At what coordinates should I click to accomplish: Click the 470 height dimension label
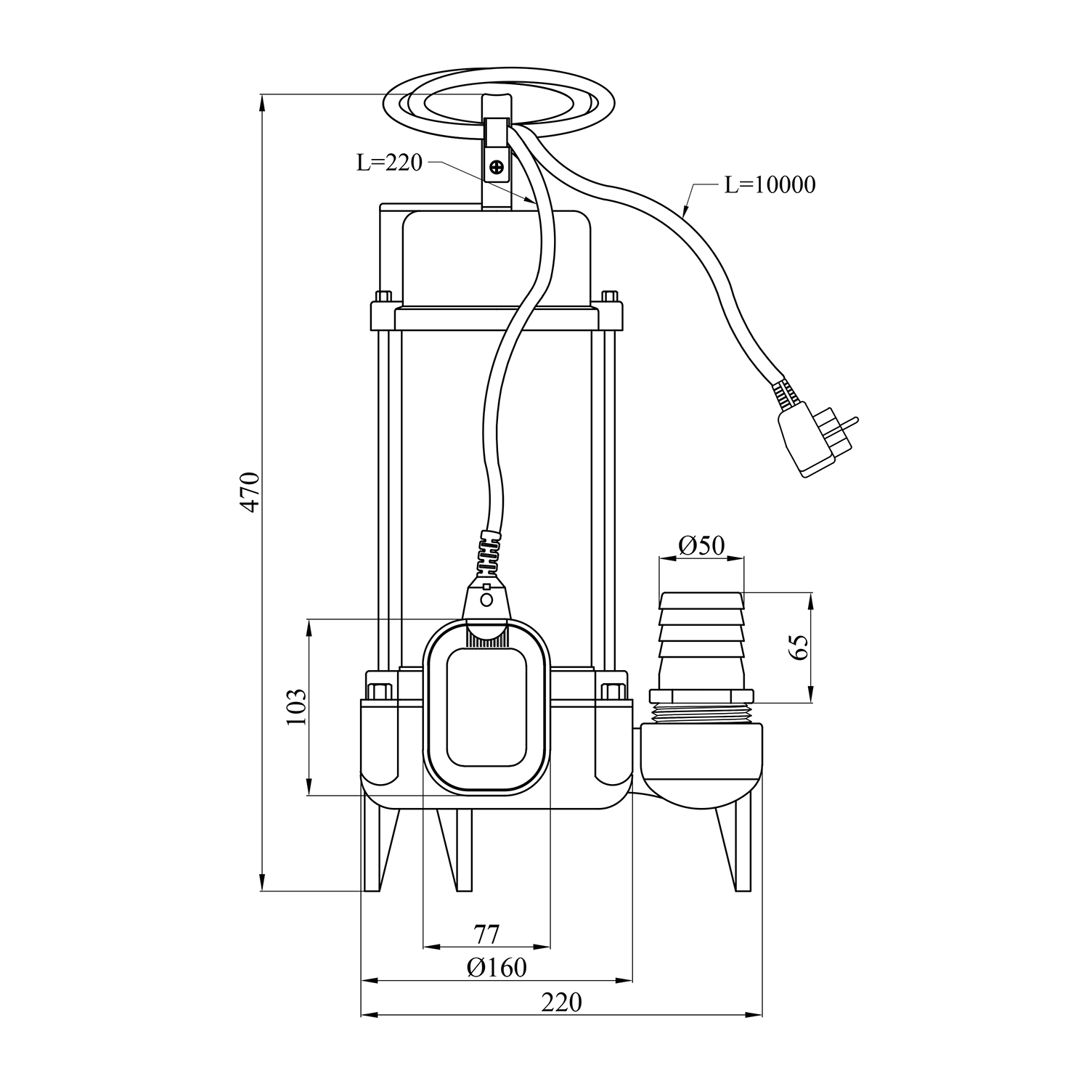click(x=250, y=493)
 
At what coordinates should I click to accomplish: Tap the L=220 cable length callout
click(x=389, y=163)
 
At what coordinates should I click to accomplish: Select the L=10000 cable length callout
click(x=770, y=185)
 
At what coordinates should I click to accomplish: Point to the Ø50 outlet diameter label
click(x=701, y=544)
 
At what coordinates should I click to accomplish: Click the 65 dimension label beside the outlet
click(x=799, y=648)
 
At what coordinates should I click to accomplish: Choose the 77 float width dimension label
click(x=486, y=934)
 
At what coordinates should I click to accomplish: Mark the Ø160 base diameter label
click(x=497, y=968)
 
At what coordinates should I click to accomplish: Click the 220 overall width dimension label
click(x=561, y=1002)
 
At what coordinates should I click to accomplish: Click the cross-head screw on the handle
click(x=497, y=169)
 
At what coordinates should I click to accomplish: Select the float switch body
click(x=486, y=708)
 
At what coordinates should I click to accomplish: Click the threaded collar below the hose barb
click(x=701, y=711)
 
